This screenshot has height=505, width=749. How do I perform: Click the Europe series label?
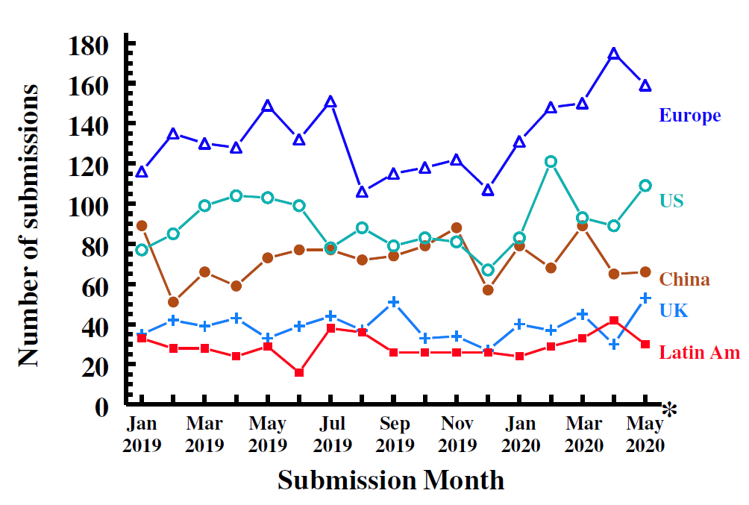pos(689,116)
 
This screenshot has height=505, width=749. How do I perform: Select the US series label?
pos(671,201)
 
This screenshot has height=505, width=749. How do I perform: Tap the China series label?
pos(684,280)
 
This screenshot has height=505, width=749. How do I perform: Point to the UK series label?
pos(674,311)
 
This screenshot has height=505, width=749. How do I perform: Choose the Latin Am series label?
pos(699,352)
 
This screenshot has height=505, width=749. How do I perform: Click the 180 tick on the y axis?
pos(89,46)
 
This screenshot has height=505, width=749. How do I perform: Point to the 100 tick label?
pos(89,205)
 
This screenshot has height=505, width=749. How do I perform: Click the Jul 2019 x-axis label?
pos(330,434)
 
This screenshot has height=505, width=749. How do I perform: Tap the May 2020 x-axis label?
pos(645,434)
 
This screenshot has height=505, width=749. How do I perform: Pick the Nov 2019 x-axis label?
pos(457,434)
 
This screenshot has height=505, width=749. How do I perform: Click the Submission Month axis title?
pos(391,480)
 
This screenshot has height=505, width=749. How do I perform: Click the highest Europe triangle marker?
pos(613,54)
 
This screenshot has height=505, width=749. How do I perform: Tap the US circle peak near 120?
pos(551,162)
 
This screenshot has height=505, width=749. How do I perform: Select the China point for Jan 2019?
pos(142,225)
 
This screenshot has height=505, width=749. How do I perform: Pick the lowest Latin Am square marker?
pos(299,372)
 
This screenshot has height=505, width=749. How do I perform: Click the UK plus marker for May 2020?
pos(645,298)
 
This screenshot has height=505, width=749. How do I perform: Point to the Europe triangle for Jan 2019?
pos(142,172)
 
